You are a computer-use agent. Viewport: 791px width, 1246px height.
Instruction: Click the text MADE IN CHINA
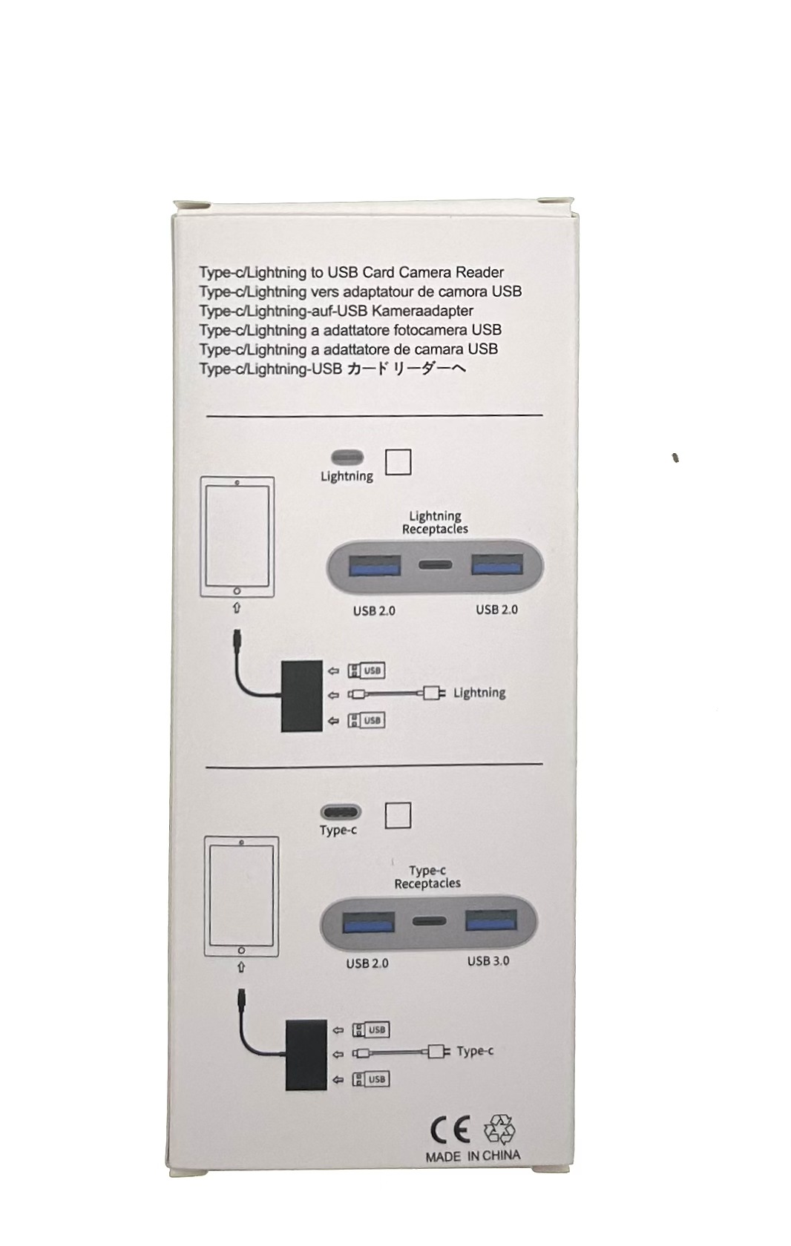[473, 1156]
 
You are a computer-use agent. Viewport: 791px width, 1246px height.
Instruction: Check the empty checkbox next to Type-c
[398, 815]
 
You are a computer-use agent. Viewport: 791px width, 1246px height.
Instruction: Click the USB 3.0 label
[488, 961]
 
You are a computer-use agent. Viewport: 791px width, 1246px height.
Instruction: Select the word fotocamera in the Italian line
[424, 330]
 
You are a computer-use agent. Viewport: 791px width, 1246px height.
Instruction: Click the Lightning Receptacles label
[435, 522]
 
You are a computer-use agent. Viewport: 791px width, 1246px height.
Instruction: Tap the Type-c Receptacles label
[427, 877]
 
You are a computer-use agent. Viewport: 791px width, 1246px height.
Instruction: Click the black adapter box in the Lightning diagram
[302, 695]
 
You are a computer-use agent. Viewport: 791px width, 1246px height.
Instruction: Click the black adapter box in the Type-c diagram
[306, 1054]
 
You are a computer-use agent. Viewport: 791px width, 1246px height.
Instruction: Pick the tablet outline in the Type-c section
[241, 896]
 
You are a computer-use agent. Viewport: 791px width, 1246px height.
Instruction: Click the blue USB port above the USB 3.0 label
[490, 920]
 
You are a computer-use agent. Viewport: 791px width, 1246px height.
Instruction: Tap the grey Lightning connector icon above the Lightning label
[347, 457]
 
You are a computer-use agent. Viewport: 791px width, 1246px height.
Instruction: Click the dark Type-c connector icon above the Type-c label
[341, 812]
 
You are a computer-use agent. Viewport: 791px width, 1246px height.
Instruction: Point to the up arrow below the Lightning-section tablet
[237, 608]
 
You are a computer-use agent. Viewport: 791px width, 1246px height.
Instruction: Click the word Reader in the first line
[479, 272]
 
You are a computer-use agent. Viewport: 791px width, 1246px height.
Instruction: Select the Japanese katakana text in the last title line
[407, 369]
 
